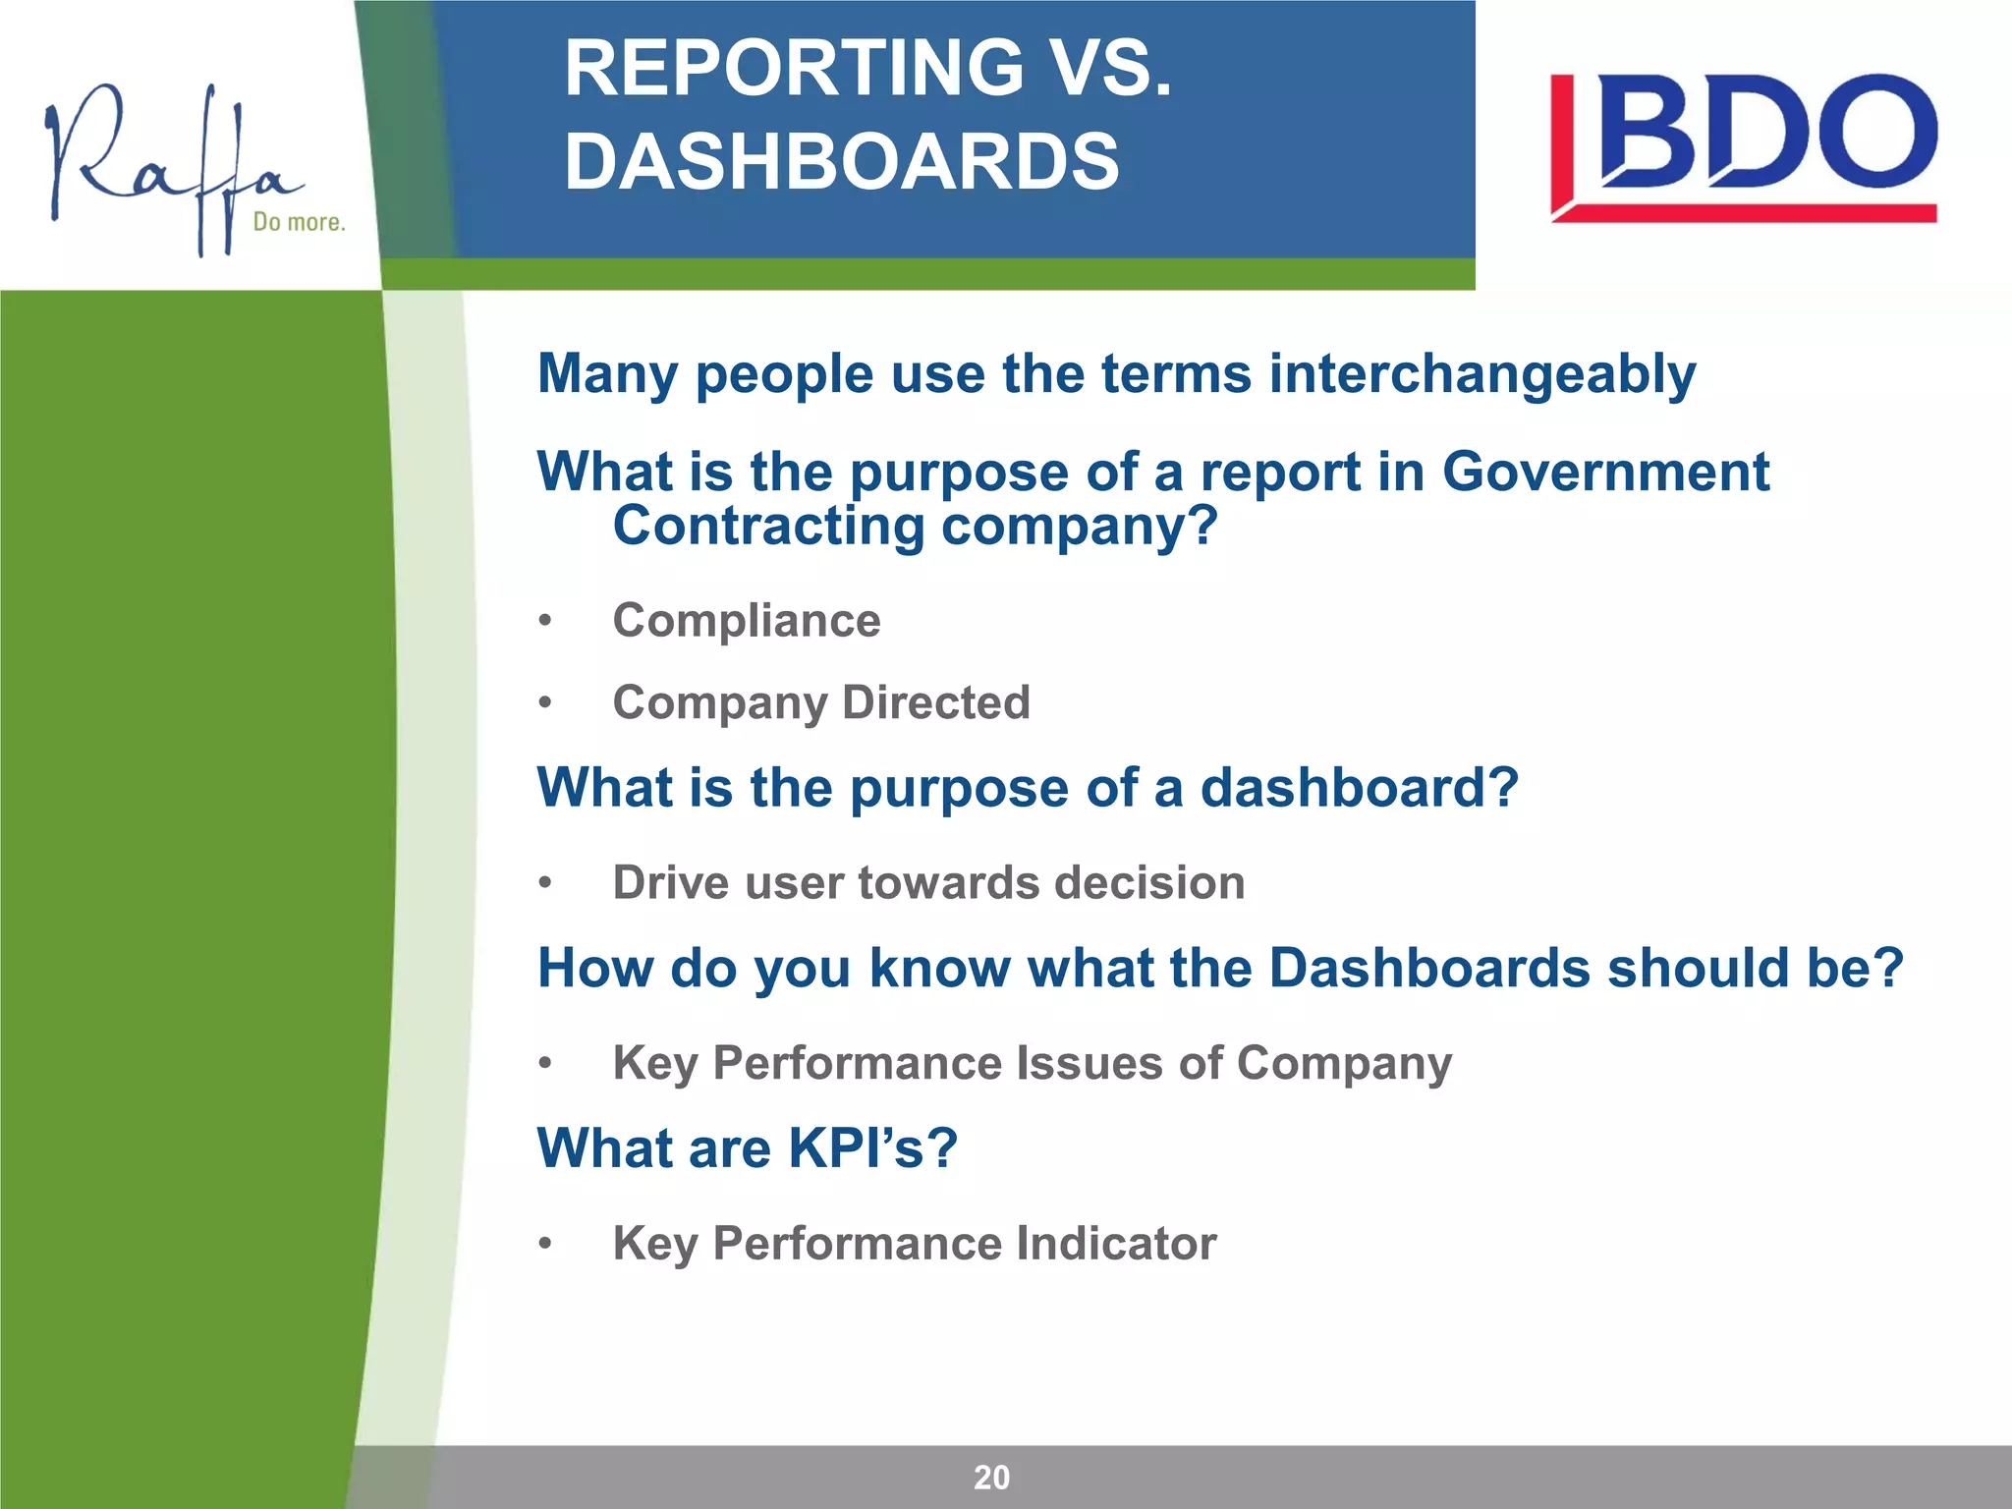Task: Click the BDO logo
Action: pyautogui.click(x=1744, y=147)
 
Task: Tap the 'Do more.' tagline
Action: pyautogui.click(x=300, y=222)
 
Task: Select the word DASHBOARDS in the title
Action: pyautogui.click(x=842, y=162)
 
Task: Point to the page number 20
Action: pyautogui.click(x=991, y=1478)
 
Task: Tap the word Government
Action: pyautogui.click(x=1605, y=472)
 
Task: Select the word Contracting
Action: pyautogui.click(x=768, y=526)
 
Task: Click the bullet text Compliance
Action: pyautogui.click(x=747, y=621)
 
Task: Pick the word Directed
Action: pyautogui.click(x=936, y=702)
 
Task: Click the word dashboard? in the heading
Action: pyautogui.click(x=1360, y=788)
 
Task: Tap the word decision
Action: pyautogui.click(x=1149, y=882)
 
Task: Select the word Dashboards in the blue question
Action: pyautogui.click(x=1429, y=969)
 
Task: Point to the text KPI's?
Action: pyautogui.click(x=872, y=1147)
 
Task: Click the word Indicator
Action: pyautogui.click(x=1116, y=1244)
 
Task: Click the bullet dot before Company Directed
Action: pyautogui.click(x=545, y=703)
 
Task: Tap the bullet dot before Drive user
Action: pyautogui.click(x=545, y=883)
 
